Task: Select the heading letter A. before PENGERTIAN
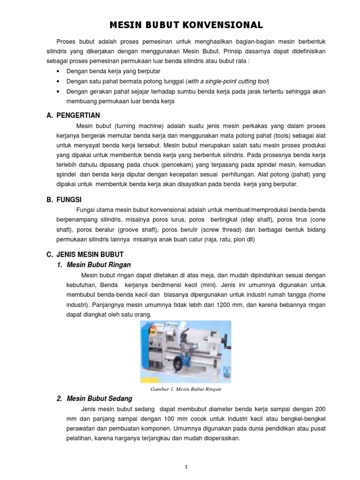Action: [49, 115]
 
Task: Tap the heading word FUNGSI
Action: [69, 199]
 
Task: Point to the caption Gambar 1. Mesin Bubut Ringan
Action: [186, 389]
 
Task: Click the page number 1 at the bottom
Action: [186, 453]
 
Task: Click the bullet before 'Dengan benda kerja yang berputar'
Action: [58, 71]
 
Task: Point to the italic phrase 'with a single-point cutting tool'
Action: [229, 81]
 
